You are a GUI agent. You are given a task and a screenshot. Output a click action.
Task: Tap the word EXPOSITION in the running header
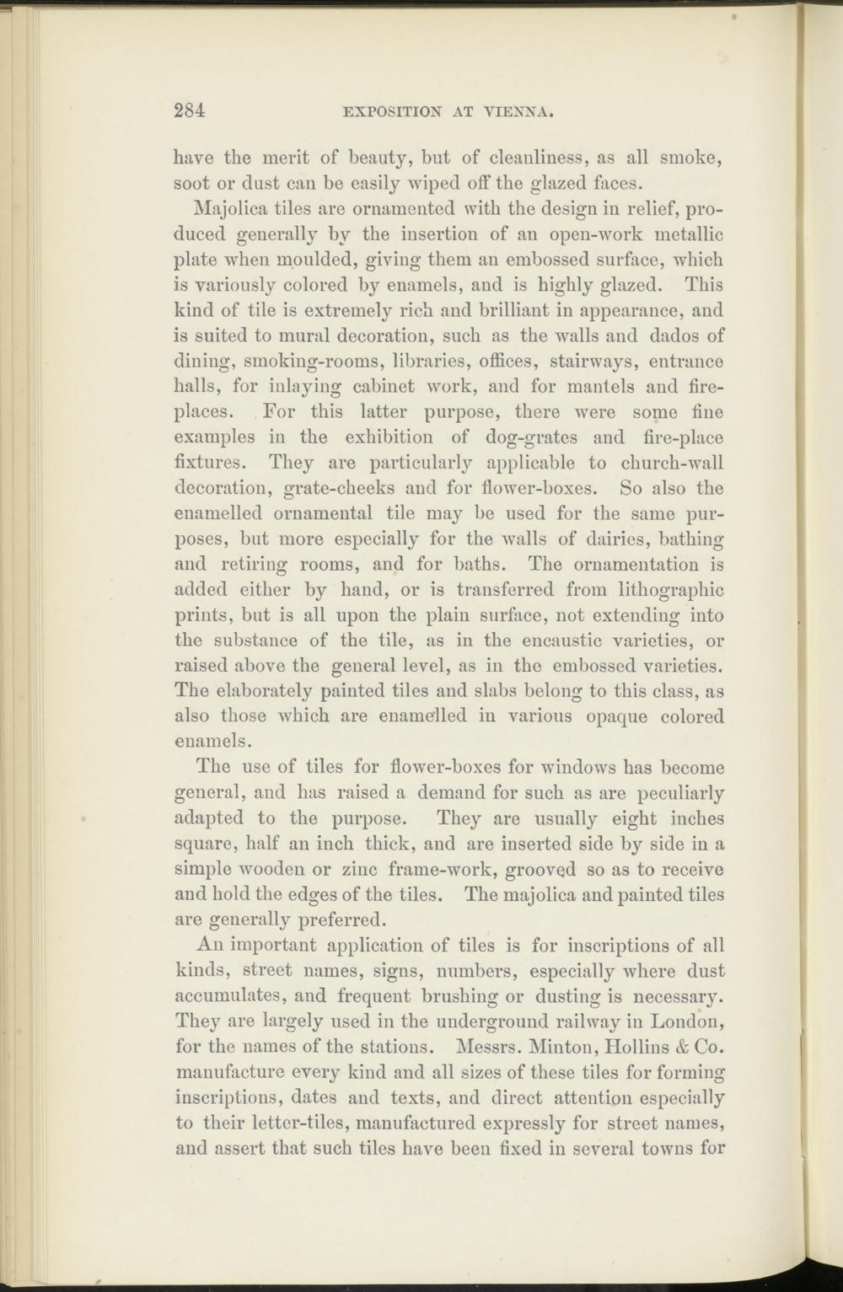coord(376,110)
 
